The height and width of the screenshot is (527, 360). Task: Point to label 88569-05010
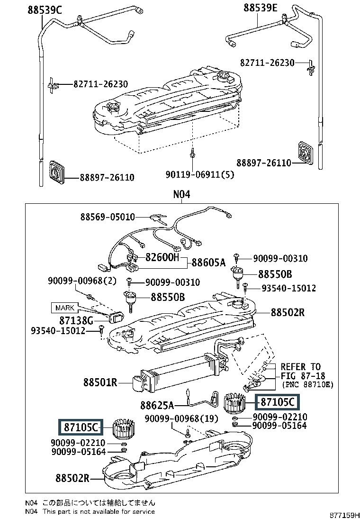coord(108,217)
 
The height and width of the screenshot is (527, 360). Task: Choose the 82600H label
coord(162,258)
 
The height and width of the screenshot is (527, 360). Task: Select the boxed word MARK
coord(65,308)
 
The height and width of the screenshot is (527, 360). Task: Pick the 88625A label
coord(157,405)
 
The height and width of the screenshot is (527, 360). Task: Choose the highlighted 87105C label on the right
coord(278,402)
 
